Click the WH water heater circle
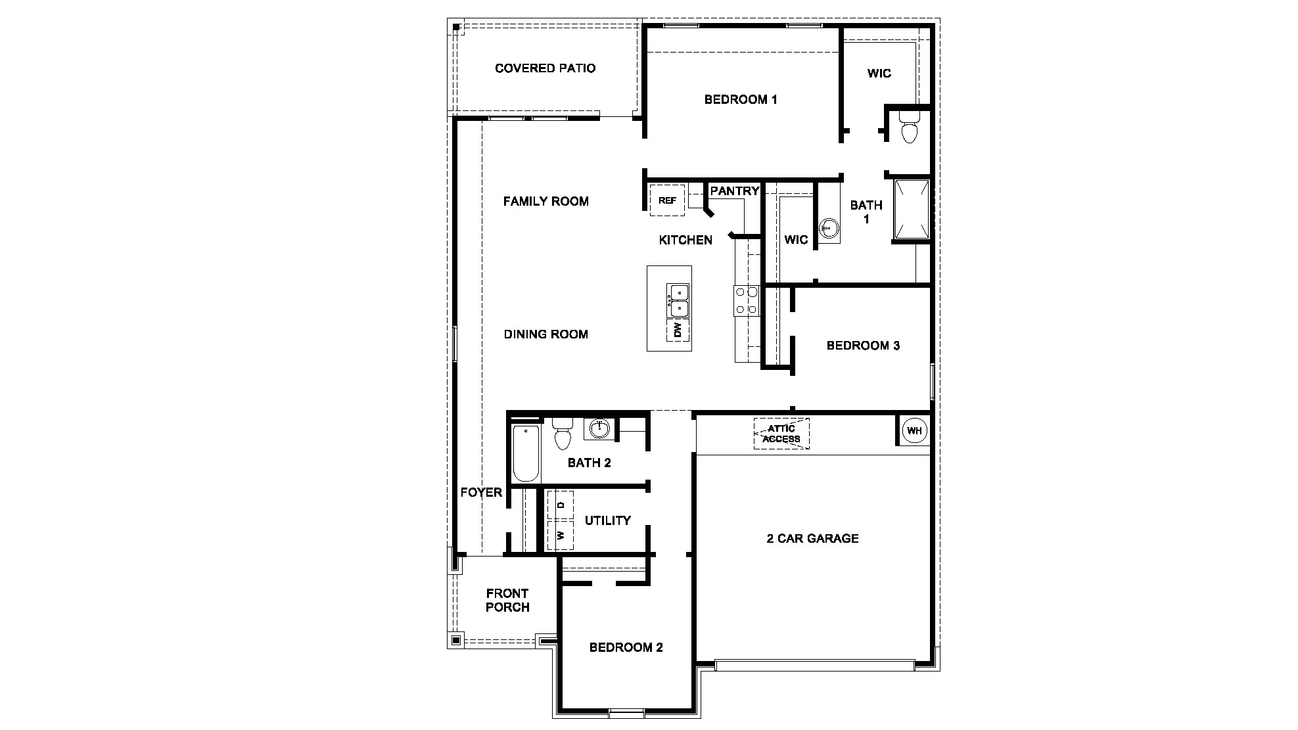point(914,431)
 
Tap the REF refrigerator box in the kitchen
point(667,200)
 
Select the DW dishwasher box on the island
point(678,330)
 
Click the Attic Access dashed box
point(781,434)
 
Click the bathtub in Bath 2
point(526,453)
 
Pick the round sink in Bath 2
point(599,429)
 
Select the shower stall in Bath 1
point(912,209)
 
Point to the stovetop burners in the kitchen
point(747,300)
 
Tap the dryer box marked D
point(561,505)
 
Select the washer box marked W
point(561,535)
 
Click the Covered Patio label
point(545,68)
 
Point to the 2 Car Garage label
point(812,538)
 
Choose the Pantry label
point(734,191)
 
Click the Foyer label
point(480,492)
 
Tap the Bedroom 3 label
point(862,346)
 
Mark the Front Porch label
point(507,601)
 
